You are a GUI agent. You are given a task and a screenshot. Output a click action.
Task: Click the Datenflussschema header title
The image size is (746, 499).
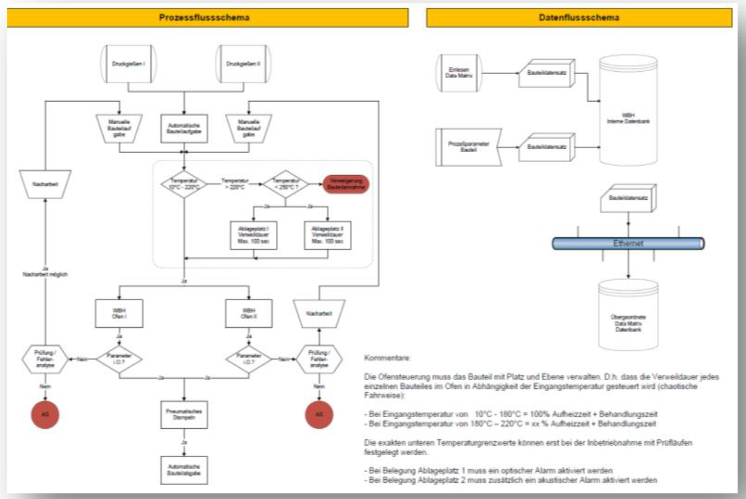579,18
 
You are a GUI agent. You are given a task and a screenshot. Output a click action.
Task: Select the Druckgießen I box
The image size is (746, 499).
128,64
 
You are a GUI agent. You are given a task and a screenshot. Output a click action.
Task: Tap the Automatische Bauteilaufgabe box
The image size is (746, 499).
184,127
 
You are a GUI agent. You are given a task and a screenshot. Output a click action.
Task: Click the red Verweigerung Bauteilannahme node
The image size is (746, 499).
346,183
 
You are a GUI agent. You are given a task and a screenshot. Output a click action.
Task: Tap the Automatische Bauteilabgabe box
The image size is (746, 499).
184,470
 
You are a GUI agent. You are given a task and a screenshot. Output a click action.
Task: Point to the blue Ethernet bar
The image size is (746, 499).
628,244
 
